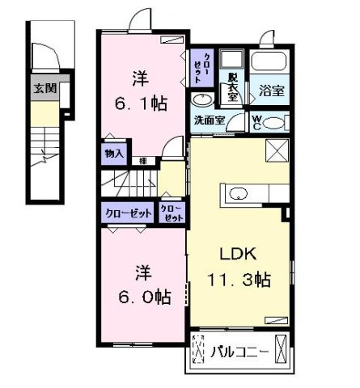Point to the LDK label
coord(239,250)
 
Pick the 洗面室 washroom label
coord(208,120)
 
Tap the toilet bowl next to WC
coord(275,123)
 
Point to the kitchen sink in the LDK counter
coord(239,194)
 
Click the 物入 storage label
coord(113,153)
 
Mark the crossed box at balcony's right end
coord(281,351)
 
